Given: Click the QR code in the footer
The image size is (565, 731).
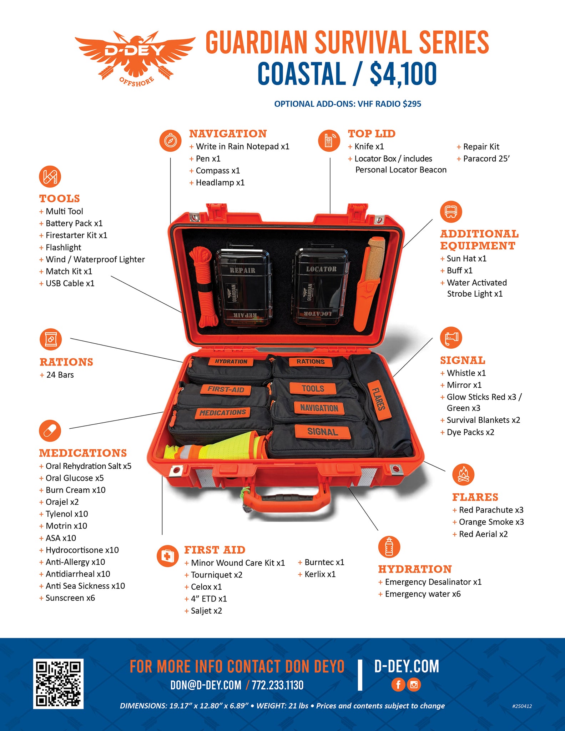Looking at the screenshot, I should (x=58, y=684).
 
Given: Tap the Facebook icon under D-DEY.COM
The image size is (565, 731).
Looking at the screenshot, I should (x=398, y=684).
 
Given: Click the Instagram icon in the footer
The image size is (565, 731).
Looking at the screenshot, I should (x=414, y=684).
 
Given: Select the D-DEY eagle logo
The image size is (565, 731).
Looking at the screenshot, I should (x=135, y=57).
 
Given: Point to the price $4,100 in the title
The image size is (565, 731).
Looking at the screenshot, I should (x=403, y=74).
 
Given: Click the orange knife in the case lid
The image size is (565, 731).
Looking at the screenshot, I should (x=369, y=282).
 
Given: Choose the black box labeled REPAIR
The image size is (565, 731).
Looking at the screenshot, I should (x=243, y=287).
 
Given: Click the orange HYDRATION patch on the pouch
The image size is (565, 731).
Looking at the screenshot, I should (x=231, y=362).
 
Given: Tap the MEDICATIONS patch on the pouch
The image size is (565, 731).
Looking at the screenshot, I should (x=222, y=413).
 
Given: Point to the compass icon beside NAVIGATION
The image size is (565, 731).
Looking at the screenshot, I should (x=170, y=141).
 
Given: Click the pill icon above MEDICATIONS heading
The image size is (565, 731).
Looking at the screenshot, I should (x=50, y=430).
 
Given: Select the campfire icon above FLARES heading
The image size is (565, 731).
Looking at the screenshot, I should (x=463, y=475).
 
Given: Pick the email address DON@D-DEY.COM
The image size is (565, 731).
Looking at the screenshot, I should (x=206, y=685).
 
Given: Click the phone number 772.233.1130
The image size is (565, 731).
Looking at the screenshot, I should (x=277, y=685).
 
